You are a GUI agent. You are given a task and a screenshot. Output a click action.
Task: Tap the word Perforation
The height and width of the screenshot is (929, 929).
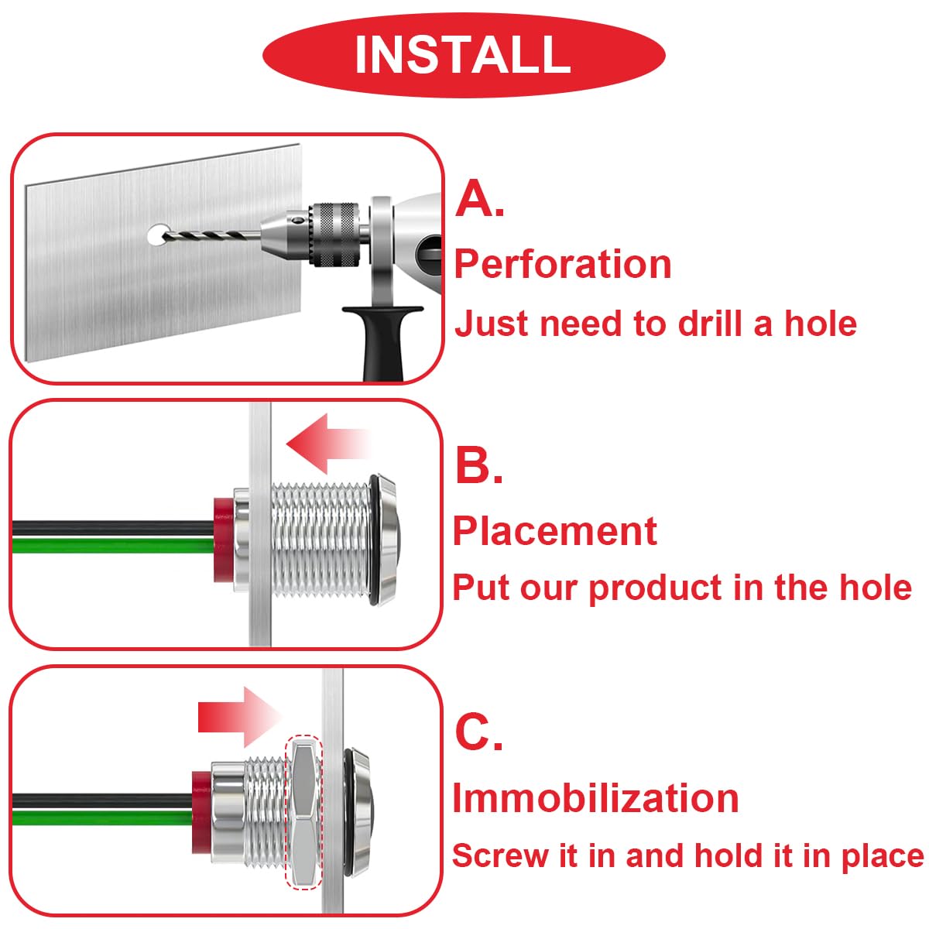click(x=563, y=264)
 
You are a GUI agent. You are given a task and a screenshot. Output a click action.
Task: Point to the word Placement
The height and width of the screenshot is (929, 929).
click(x=555, y=531)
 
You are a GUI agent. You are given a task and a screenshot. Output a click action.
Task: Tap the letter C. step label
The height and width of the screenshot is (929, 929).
click(x=478, y=732)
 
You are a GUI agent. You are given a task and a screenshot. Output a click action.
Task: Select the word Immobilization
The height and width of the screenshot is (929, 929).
click(x=595, y=798)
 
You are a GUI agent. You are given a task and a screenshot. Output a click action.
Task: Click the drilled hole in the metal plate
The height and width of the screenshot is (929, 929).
click(x=158, y=235)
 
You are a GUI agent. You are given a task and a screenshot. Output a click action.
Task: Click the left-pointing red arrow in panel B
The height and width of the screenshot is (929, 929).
click(x=325, y=444)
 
